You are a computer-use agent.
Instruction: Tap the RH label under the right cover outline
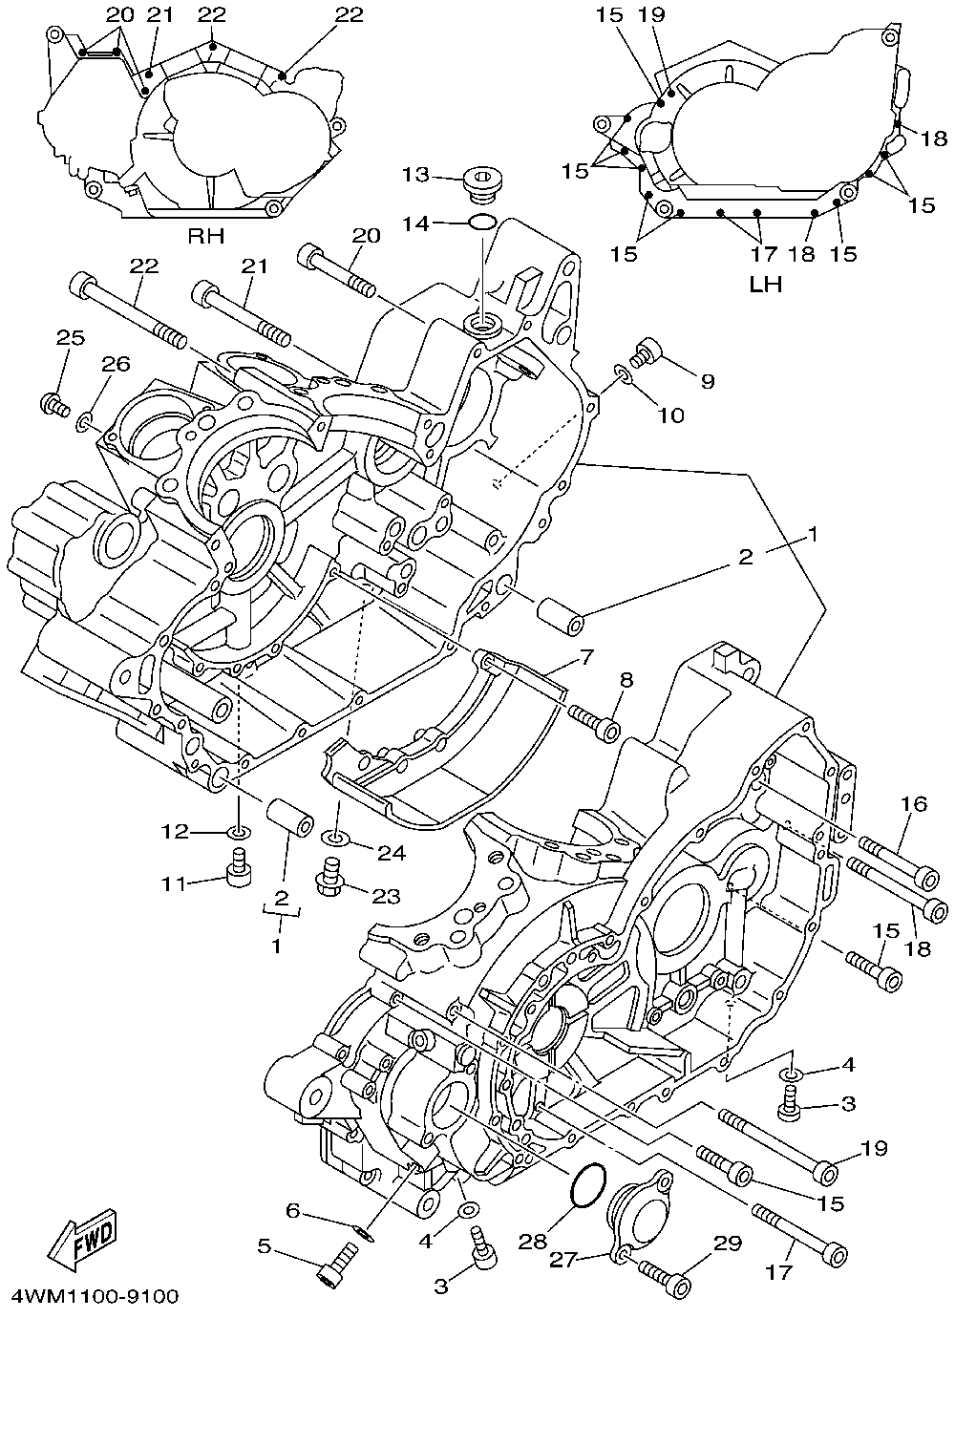tap(206, 236)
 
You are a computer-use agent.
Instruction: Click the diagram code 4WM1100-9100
tap(95, 1296)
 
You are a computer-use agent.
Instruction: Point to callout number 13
tap(416, 174)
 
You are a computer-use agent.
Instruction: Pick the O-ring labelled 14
tap(482, 223)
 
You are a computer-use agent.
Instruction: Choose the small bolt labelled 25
tap(54, 405)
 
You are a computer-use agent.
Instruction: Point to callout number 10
tap(670, 415)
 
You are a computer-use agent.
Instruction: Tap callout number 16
tap(914, 804)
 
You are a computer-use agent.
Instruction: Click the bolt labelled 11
tap(239, 868)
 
